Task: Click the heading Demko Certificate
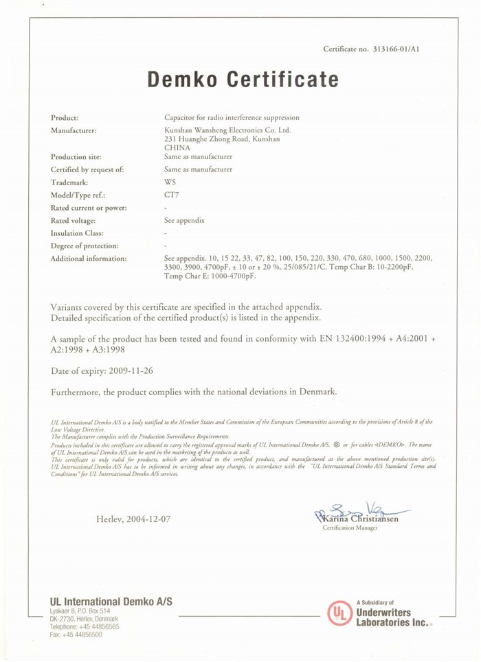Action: coord(243,80)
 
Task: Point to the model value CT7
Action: coord(172,195)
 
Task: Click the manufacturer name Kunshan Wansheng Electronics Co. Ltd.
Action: coord(227,130)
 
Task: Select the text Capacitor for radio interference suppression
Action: coord(232,117)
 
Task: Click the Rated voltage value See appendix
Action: coord(185,220)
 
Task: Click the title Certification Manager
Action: coord(350,528)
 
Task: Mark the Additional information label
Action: coord(89,259)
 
